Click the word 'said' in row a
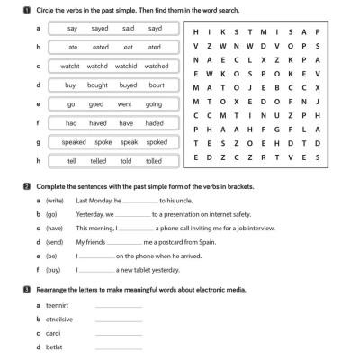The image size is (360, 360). pyautogui.click(x=129, y=29)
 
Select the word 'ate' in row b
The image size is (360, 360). pyautogui.click(x=74, y=48)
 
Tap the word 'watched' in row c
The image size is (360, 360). pyautogui.click(x=157, y=66)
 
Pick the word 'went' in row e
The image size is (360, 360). pyautogui.click(x=127, y=103)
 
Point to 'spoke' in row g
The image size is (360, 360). pyautogui.click(x=103, y=141)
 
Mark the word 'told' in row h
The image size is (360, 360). pyautogui.click(x=127, y=160)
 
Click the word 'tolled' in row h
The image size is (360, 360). pyautogui.click(x=154, y=160)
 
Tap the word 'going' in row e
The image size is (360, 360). pyautogui.click(x=154, y=103)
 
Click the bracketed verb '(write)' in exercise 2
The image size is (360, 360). pyautogui.click(x=55, y=202)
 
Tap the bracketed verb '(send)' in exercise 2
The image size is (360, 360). pyautogui.click(x=55, y=242)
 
